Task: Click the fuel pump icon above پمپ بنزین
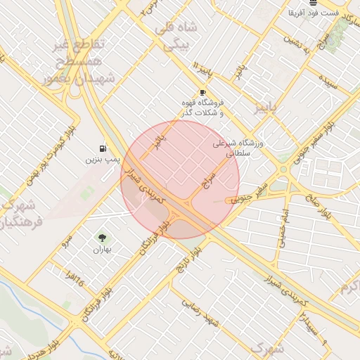pos(103,148)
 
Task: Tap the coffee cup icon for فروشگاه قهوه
pos(202,92)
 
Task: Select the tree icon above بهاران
pos(103,238)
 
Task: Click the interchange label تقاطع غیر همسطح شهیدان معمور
pos(78,62)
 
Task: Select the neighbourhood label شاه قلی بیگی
pos(180,37)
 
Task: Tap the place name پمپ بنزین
pos(98,160)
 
